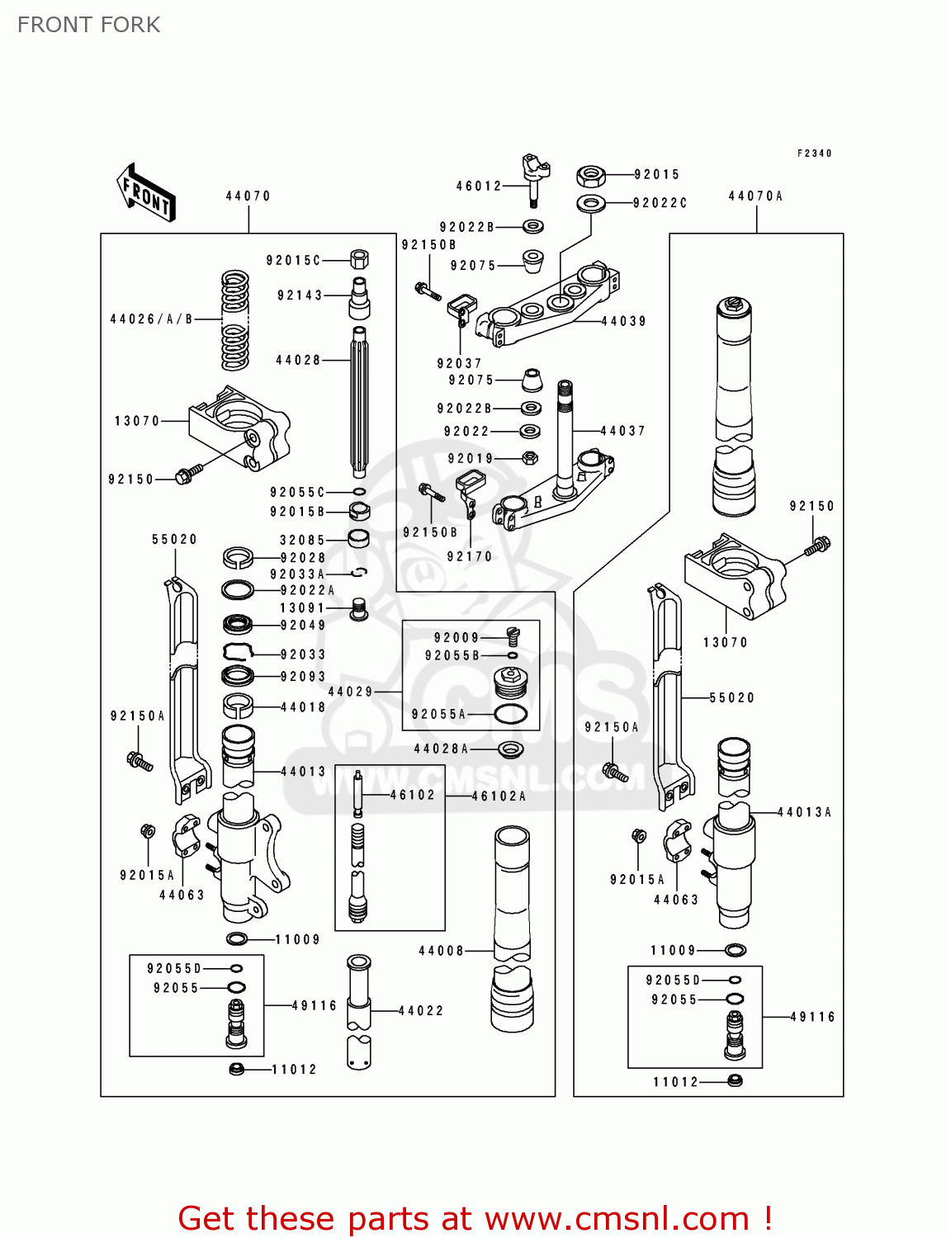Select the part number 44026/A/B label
[x=151, y=319]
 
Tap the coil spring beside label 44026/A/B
[x=234, y=319]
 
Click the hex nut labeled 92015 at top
[x=590, y=175]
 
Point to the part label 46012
[x=479, y=187]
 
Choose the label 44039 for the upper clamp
[x=623, y=321]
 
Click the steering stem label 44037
[x=622, y=431]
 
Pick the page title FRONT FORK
[x=89, y=25]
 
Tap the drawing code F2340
[x=815, y=154]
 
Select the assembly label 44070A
[x=755, y=196]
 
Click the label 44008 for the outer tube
[x=442, y=951]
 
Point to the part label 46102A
[x=499, y=796]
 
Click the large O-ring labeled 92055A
[x=510, y=714]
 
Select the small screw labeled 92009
[x=512, y=636]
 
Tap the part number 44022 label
[x=421, y=1010]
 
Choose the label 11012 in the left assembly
[x=295, y=1070]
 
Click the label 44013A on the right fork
[x=805, y=812]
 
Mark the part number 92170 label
[x=470, y=557]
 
